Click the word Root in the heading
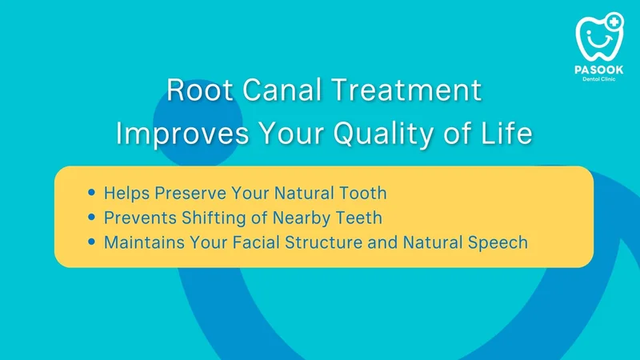click(x=199, y=90)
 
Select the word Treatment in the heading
click(x=406, y=90)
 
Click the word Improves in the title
click(x=182, y=134)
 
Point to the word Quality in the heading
click(x=383, y=134)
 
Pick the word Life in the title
click(x=507, y=133)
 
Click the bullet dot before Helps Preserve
click(x=91, y=192)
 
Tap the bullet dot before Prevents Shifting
click(x=91, y=217)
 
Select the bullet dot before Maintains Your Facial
click(x=91, y=242)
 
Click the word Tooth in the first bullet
click(x=363, y=193)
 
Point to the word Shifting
click(x=214, y=218)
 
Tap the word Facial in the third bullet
click(x=255, y=242)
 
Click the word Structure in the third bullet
click(x=324, y=242)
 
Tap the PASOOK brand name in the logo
click(x=598, y=70)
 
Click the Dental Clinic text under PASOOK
click(x=598, y=79)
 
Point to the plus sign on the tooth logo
click(x=614, y=22)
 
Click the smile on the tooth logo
click(x=599, y=42)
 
